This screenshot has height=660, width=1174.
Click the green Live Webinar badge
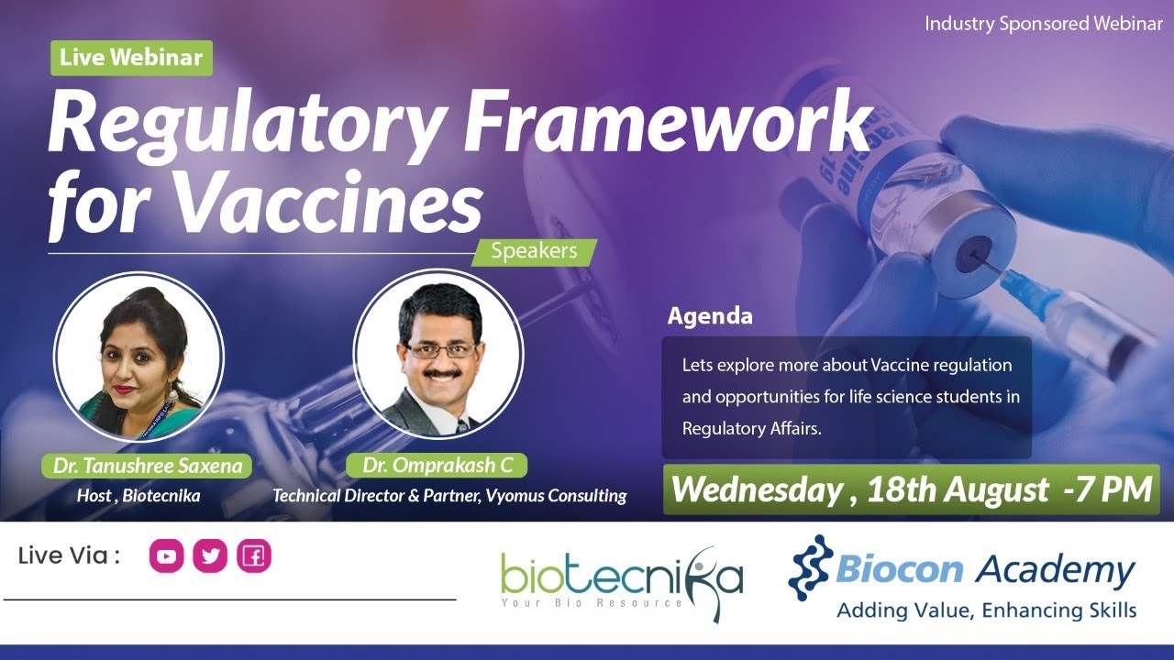[x=131, y=58]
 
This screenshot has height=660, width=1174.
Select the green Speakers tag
[x=534, y=251]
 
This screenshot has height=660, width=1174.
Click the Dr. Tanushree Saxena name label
[x=147, y=466]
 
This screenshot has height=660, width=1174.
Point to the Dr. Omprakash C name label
[x=437, y=466]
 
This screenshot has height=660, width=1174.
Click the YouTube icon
[x=167, y=555]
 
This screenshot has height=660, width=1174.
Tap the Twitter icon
[x=210, y=555]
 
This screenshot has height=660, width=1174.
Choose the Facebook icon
[x=254, y=555]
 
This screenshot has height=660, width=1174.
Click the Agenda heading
[x=710, y=316]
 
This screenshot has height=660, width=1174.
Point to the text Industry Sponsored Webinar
[x=1043, y=24]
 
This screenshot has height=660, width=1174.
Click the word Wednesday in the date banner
[x=756, y=489]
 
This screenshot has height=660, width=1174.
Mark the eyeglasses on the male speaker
[x=441, y=350]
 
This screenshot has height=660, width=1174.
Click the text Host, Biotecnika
[x=138, y=496]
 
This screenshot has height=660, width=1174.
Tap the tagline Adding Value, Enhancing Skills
[x=986, y=610]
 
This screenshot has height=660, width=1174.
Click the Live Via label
[x=69, y=555]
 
